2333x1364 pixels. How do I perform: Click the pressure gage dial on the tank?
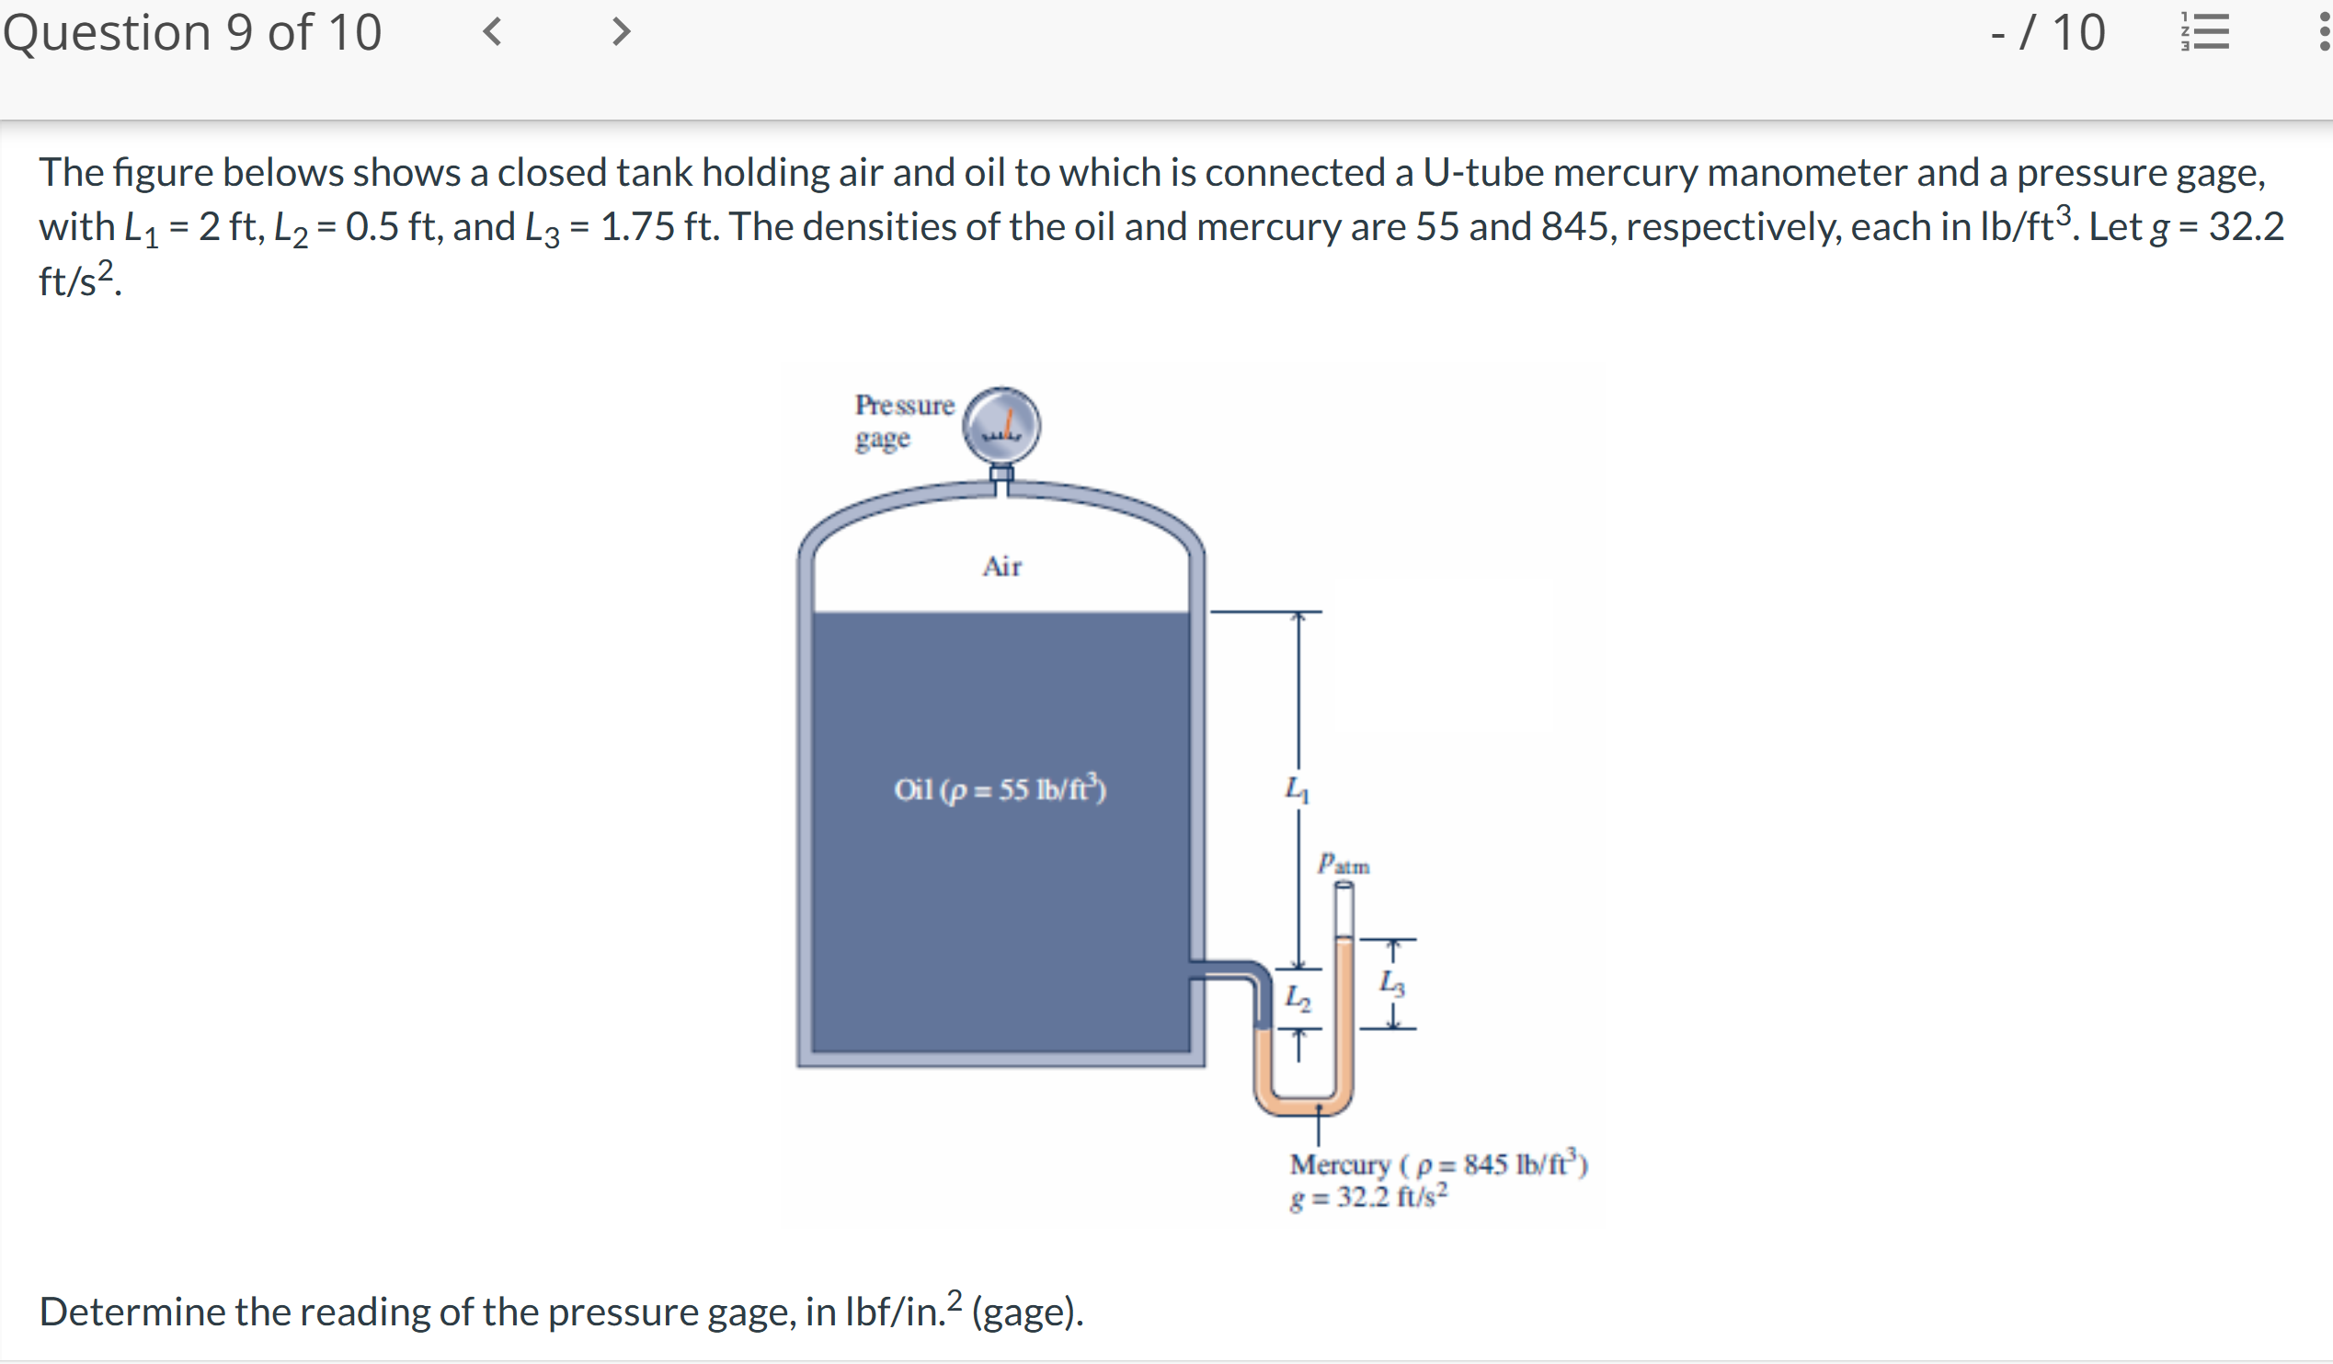click(x=1001, y=426)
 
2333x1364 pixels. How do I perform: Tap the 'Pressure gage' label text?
click(x=904, y=421)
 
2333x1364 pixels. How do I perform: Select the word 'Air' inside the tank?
click(x=1001, y=566)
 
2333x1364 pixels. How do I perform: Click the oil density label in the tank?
click(x=1000, y=789)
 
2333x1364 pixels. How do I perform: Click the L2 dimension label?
click(x=1298, y=998)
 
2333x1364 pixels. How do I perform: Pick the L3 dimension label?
click(x=1391, y=982)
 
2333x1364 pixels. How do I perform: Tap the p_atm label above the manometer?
click(x=1344, y=864)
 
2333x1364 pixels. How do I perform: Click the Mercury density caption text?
click(x=1438, y=1164)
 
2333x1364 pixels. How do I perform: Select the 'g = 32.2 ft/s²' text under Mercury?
click(x=1368, y=1198)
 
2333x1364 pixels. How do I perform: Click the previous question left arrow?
click(x=493, y=32)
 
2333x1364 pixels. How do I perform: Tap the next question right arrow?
click(x=622, y=32)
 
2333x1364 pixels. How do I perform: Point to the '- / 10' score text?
click(x=2047, y=33)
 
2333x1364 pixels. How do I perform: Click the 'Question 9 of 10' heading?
click(x=192, y=33)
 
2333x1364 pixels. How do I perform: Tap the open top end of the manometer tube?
click(x=1344, y=888)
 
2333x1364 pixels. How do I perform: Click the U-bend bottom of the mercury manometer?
click(x=1302, y=1106)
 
